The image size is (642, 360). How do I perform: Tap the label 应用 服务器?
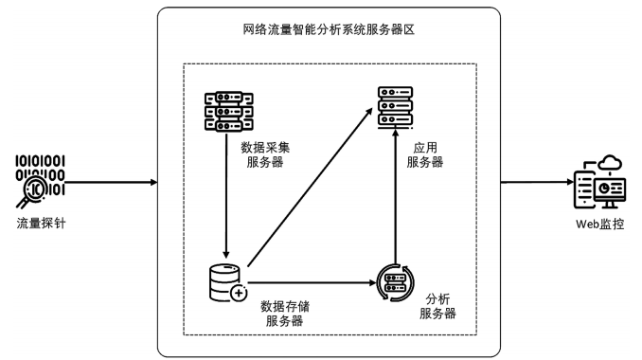pyautogui.click(x=424, y=154)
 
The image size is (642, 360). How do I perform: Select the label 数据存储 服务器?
pyautogui.click(x=284, y=314)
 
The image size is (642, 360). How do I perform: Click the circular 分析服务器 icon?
pyautogui.click(x=395, y=281)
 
